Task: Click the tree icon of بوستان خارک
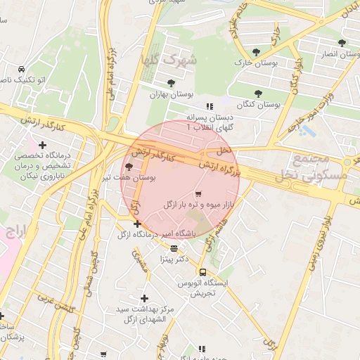point(256,53)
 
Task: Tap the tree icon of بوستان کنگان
point(259,93)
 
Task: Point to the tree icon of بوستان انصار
point(342,43)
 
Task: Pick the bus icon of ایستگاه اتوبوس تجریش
point(202,272)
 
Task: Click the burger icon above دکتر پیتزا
point(174,248)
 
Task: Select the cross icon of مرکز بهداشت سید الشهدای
point(145,298)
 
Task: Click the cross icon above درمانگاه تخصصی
point(42,145)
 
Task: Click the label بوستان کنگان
point(259,104)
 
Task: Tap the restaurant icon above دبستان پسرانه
point(208,106)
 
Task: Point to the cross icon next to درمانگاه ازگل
point(137,224)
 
